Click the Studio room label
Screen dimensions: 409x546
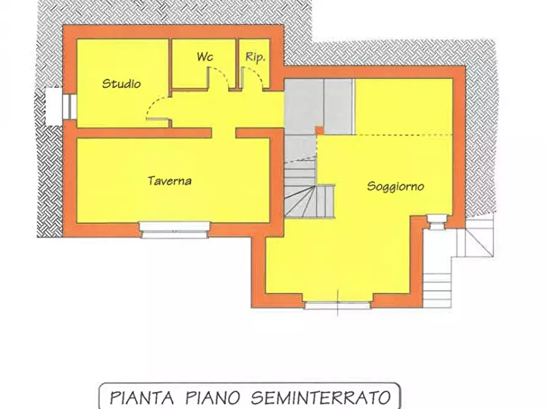[121, 84]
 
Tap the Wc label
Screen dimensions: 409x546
[204, 57]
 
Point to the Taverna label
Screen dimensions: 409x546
[169, 181]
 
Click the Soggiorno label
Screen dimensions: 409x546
[396, 186]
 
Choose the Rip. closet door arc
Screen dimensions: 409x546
[255, 77]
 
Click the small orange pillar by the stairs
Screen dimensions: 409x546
[319, 129]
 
